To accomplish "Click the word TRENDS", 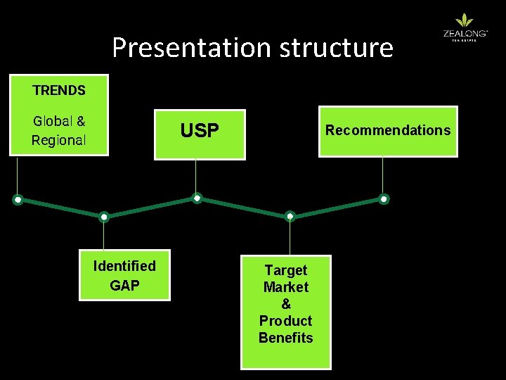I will pos(59,90).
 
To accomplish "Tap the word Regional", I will pos(59,140).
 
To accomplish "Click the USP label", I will pos(200,131).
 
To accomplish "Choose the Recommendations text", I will pos(387,130).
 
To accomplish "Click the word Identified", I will pos(124,266).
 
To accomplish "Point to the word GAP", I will pos(124,286).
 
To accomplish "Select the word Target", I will pos(285,270).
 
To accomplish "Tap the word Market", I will pos(285,287).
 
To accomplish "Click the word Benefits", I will pos(285,338).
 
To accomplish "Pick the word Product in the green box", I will pos(285,321).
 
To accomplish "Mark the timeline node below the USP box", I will pos(197,198).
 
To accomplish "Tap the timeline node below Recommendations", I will pos(384,199).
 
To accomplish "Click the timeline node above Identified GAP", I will pos(104,217).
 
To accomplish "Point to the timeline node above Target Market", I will pos(290,216).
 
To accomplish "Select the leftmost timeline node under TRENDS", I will pos(18,200).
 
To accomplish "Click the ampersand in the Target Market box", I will pos(285,304).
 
